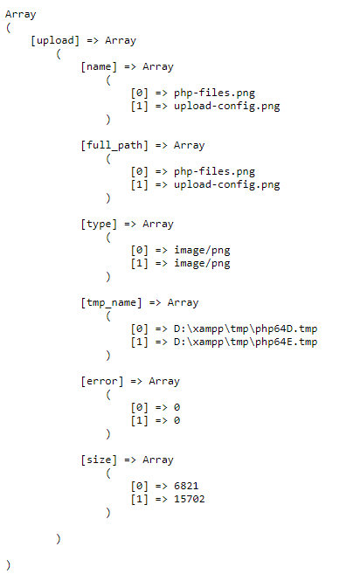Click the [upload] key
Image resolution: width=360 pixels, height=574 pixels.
click(x=55, y=41)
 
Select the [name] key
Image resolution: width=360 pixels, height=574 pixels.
click(x=99, y=67)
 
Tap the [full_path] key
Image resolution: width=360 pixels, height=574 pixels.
click(x=114, y=146)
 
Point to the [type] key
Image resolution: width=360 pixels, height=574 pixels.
click(x=99, y=224)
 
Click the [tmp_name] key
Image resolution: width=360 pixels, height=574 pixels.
click(x=111, y=303)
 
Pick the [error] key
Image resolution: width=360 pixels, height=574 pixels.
click(x=102, y=382)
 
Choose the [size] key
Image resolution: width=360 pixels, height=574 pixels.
click(x=99, y=460)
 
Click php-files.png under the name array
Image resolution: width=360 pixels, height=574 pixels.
click(x=214, y=93)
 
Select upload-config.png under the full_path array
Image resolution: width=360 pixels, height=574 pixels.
click(x=226, y=185)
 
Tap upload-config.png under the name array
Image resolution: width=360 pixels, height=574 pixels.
click(x=226, y=107)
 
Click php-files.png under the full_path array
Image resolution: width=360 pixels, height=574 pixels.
click(x=214, y=172)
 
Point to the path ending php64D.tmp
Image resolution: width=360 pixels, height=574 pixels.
click(x=246, y=329)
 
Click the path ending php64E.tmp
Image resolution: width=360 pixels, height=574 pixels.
click(x=246, y=342)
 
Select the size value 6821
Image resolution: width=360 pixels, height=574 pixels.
click(x=186, y=486)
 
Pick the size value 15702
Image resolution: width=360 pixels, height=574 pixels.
click(x=190, y=499)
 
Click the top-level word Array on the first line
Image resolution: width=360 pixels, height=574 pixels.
click(x=20, y=15)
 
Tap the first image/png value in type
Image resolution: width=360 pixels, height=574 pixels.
click(x=202, y=251)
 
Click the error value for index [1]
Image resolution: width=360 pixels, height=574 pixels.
click(x=177, y=420)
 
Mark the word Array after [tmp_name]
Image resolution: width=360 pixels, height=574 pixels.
click(x=183, y=303)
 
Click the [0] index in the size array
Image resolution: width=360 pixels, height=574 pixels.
click(x=139, y=486)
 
